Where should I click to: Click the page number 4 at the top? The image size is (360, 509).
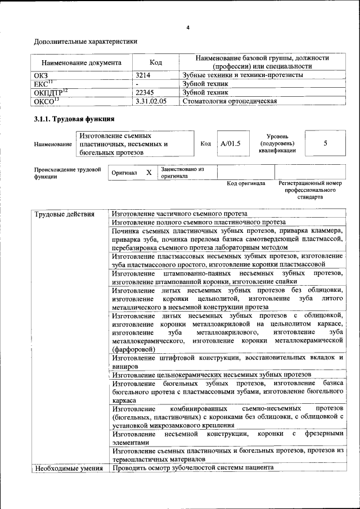point(188,28)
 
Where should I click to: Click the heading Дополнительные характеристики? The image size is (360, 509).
point(85,42)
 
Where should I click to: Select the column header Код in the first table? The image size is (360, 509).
point(156,62)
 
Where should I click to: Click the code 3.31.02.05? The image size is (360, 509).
point(151,101)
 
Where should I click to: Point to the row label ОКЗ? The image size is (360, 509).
point(41,75)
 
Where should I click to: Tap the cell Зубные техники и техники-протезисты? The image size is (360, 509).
point(243,75)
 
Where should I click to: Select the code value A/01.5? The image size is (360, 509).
point(231,143)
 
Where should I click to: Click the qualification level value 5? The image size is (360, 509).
point(325,143)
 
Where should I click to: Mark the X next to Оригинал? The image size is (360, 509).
point(148,173)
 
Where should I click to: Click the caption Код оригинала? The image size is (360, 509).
point(246,183)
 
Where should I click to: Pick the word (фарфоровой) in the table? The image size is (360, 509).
point(133,349)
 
